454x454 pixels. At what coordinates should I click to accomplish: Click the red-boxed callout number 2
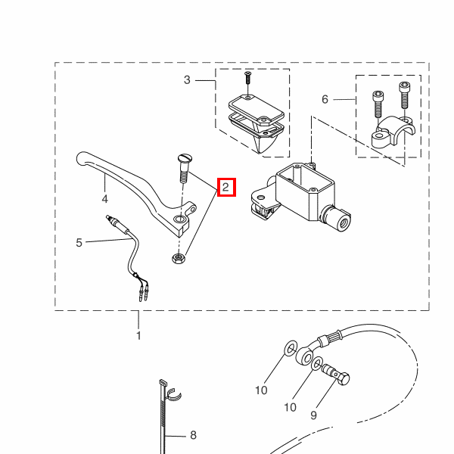coord(225,188)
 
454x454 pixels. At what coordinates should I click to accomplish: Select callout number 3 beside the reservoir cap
coord(187,80)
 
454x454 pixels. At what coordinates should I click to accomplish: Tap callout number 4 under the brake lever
coord(105,199)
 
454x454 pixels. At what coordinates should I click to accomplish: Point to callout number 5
coord(79,243)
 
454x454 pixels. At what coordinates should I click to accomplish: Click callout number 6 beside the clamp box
coord(325,99)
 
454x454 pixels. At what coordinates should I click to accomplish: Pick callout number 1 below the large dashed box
coord(138,335)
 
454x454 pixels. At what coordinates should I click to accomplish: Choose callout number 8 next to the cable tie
coord(194,435)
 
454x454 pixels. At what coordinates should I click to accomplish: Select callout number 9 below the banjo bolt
coord(313,415)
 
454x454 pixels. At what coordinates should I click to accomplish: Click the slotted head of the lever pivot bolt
coord(184,158)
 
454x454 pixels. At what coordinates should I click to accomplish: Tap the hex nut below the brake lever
coord(179,258)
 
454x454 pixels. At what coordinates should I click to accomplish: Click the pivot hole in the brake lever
coord(180,219)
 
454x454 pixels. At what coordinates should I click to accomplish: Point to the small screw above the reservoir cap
coord(248,77)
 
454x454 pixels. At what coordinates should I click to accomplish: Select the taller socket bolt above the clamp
coord(403,95)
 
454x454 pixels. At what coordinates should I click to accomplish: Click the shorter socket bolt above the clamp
coord(377,104)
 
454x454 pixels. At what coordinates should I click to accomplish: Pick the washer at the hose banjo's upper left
coord(291,348)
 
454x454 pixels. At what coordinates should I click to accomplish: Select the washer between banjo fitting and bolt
coord(317,363)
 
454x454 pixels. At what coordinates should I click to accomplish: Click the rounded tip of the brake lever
coord(80,158)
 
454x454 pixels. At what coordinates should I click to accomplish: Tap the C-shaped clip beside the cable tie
coord(174,395)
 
